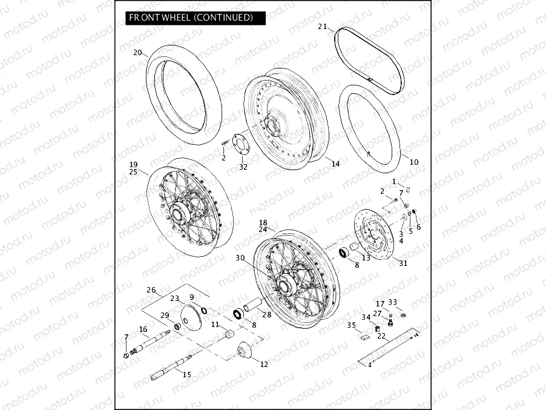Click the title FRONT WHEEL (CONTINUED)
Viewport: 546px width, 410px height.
point(191,18)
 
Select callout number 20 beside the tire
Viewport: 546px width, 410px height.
point(138,53)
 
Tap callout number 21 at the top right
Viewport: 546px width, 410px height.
point(322,27)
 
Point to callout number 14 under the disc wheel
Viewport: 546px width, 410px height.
point(335,163)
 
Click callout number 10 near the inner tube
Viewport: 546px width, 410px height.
point(414,162)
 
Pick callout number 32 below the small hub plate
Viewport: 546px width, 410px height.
point(243,167)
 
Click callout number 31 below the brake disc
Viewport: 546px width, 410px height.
point(404,263)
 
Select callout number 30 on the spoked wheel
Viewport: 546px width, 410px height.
point(240,257)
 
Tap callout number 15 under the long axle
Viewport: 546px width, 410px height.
point(186,375)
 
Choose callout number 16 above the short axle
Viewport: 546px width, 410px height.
point(143,329)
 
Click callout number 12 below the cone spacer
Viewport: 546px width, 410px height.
point(263,364)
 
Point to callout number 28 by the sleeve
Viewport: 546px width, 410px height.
point(266,314)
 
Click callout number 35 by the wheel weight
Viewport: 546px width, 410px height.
point(352,325)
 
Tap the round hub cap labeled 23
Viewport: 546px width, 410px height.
point(192,318)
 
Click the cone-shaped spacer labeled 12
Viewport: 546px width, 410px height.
point(246,351)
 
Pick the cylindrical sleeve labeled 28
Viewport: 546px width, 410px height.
point(253,302)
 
